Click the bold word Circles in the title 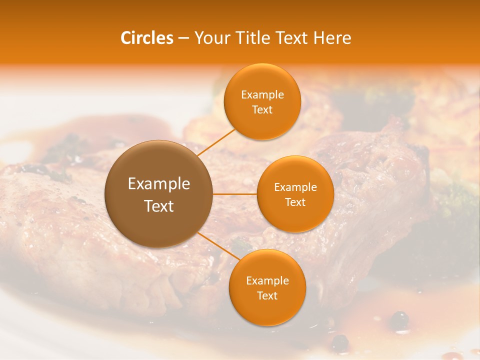(x=147, y=38)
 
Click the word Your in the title (x=210, y=38)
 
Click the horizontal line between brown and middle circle (x=235, y=194)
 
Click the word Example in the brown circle (x=159, y=184)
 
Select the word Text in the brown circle (x=159, y=206)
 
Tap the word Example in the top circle (x=262, y=95)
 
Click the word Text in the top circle (x=262, y=110)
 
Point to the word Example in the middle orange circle (x=295, y=187)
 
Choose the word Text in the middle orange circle (x=295, y=202)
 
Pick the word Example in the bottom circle (x=267, y=281)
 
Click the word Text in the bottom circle (x=267, y=296)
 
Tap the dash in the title (x=183, y=38)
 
